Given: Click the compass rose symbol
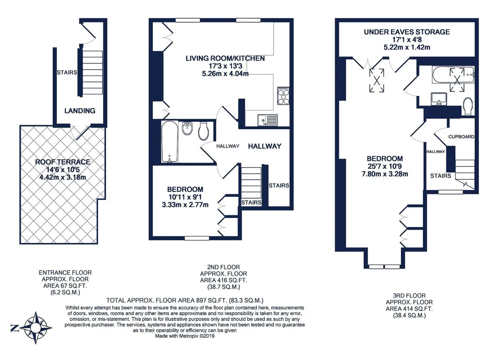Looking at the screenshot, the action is [36, 328].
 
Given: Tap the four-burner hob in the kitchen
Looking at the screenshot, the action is [283, 96].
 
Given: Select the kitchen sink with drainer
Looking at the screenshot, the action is [267, 120].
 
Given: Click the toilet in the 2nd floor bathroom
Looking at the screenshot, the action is [203, 131].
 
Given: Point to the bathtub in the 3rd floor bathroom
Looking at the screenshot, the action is [453, 75].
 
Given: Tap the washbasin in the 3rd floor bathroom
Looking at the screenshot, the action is [439, 99].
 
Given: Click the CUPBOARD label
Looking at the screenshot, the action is [461, 137].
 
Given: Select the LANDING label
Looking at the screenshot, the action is [80, 111].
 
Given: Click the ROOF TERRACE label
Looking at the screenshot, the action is [63, 162].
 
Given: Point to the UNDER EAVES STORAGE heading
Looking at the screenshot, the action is [407, 32].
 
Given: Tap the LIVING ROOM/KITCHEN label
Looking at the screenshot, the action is [225, 59].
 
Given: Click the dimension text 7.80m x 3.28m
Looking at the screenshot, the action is [385, 174].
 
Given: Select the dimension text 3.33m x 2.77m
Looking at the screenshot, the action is [185, 204].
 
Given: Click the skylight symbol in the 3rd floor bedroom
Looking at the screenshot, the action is [377, 80].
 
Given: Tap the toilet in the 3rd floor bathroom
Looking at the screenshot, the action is [468, 106].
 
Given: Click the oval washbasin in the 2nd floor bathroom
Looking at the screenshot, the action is [187, 128].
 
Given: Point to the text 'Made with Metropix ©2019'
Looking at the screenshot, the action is [185, 336].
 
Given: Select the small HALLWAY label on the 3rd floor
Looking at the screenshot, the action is [435, 152].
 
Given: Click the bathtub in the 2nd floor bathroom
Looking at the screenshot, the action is [170, 142].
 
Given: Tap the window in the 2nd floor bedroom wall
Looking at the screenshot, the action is [197, 238].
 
